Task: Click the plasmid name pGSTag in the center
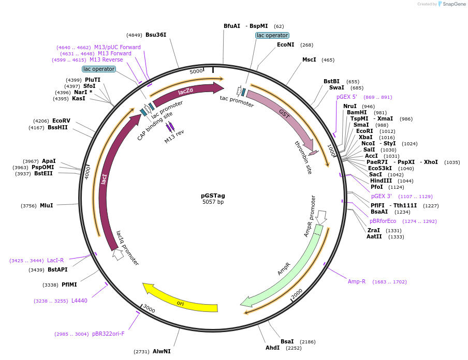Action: coord(213,196)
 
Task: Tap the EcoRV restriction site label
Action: coord(61,121)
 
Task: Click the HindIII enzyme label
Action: coord(381,181)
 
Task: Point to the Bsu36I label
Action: coord(156,35)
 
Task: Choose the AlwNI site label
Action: coord(162,351)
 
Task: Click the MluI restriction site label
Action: coord(46,205)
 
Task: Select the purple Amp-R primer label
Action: coord(357,281)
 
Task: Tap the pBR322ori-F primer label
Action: coord(108,334)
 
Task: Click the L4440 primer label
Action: coord(79,301)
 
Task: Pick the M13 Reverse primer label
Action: coord(106,60)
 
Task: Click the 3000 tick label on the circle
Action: coord(149,309)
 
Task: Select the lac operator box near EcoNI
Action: coord(272,35)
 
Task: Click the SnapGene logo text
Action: coord(454,4)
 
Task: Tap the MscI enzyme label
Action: coord(309,59)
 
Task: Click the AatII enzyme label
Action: coord(374,236)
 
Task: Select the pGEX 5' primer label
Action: coord(347,97)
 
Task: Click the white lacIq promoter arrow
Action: coord(118,254)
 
